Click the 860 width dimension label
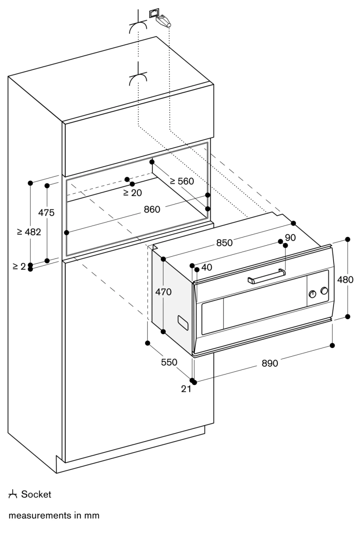tap(152, 210)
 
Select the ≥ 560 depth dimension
tap(182, 181)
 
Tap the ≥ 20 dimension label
tap(132, 193)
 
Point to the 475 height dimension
tap(46, 212)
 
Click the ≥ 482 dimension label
tap(29, 232)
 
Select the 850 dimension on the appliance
tap(224, 243)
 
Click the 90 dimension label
tap(291, 237)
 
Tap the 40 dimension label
tap(207, 268)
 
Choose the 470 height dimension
tap(163, 292)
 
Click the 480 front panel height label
tap(345, 279)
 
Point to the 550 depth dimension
tap(168, 362)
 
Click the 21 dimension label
tap(186, 389)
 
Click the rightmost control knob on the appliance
tap(324, 291)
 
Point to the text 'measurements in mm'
tap(54, 516)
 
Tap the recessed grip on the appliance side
tap(183, 322)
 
